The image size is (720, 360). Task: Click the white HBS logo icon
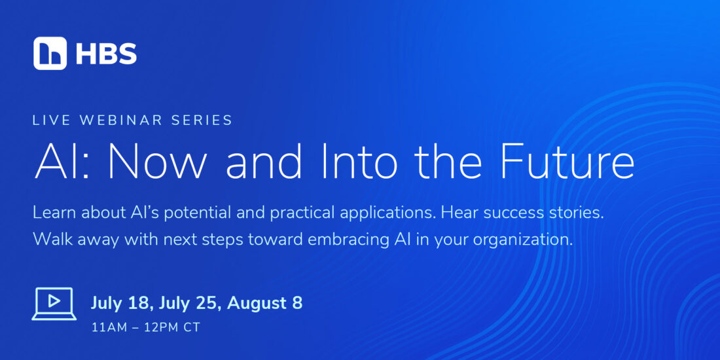(50, 53)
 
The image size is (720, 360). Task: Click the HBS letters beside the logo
(106, 54)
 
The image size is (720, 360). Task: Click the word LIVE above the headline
(50, 120)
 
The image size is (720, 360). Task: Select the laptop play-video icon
(54, 303)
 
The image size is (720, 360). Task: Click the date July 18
(119, 304)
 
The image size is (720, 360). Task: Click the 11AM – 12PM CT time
(146, 329)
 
